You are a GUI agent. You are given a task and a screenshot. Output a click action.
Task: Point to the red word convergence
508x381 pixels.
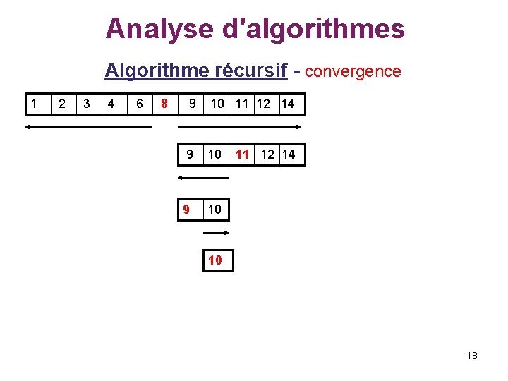point(353,71)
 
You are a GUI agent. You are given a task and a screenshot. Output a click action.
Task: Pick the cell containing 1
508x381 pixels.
point(33,104)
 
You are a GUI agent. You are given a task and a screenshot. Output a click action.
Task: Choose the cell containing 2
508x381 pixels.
point(62,104)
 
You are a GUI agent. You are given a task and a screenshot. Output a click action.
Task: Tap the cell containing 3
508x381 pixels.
point(87,104)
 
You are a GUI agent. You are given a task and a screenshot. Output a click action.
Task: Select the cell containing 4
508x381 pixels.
point(111,104)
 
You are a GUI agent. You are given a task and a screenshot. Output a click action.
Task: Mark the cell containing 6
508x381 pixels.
point(139,104)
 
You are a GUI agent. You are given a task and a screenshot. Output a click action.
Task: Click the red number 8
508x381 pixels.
point(164,104)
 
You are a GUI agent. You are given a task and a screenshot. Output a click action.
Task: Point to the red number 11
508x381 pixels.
point(243,154)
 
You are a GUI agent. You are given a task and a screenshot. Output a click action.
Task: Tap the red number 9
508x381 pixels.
point(186,210)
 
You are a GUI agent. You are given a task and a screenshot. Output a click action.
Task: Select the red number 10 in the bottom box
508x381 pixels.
point(215,260)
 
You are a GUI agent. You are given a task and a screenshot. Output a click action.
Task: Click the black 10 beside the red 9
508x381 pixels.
point(215,210)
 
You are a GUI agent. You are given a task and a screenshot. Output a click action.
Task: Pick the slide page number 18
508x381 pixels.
point(472,356)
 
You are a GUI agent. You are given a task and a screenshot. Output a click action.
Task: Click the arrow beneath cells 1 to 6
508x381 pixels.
point(88,127)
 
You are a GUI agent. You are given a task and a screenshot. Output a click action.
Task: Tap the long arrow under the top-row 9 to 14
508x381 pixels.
point(238,127)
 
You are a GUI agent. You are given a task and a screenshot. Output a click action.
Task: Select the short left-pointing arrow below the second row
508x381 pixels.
point(202,178)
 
